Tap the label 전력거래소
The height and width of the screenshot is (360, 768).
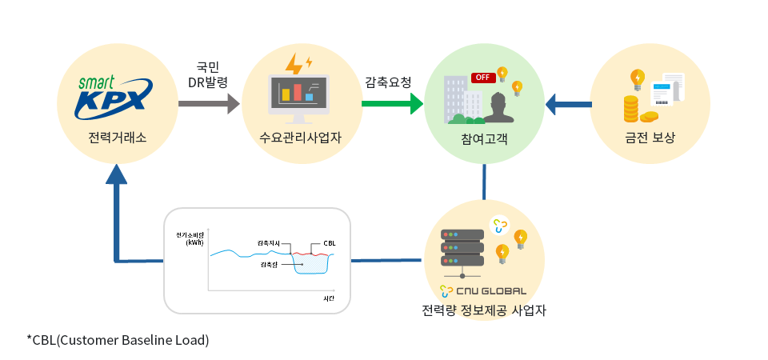[118, 138]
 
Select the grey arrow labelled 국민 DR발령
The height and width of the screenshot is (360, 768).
[209, 103]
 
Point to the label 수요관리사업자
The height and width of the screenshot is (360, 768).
[301, 138]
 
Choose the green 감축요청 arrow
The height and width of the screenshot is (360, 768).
[392, 103]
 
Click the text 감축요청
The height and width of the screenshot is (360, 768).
[388, 82]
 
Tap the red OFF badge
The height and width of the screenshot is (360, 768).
[482, 78]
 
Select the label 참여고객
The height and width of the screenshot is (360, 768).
[484, 138]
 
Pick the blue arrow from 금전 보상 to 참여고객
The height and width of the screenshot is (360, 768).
[568, 103]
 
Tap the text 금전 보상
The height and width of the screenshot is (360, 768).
[650, 138]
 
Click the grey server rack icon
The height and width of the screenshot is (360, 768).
[462, 248]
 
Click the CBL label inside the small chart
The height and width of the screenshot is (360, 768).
[330, 242]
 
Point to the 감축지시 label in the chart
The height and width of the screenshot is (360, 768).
[270, 242]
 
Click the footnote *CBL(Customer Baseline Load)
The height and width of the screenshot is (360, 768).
[118, 340]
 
